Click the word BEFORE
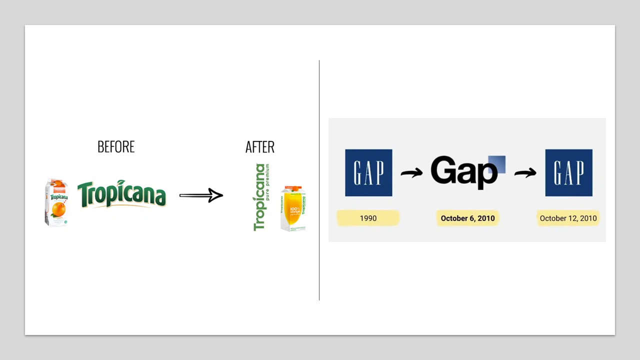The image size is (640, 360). coord(116,146)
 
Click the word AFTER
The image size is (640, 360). coord(260,146)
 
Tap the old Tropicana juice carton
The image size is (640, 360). coord(56,202)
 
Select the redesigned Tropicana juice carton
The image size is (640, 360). coord(293,208)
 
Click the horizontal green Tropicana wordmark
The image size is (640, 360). coord(121,194)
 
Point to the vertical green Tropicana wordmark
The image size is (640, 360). coord(259,197)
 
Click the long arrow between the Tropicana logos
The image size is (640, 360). coord(201,195)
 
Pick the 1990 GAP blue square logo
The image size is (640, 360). coord(368,172)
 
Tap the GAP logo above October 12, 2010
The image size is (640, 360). coord(568,172)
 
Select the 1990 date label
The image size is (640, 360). coord(368,218)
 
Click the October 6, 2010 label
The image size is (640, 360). coord(467,218)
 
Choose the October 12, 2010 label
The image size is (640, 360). coord(568,218)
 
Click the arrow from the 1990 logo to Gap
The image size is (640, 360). coord(411,173)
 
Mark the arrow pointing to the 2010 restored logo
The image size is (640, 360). coord(525,173)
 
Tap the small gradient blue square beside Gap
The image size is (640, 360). coord(496,164)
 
